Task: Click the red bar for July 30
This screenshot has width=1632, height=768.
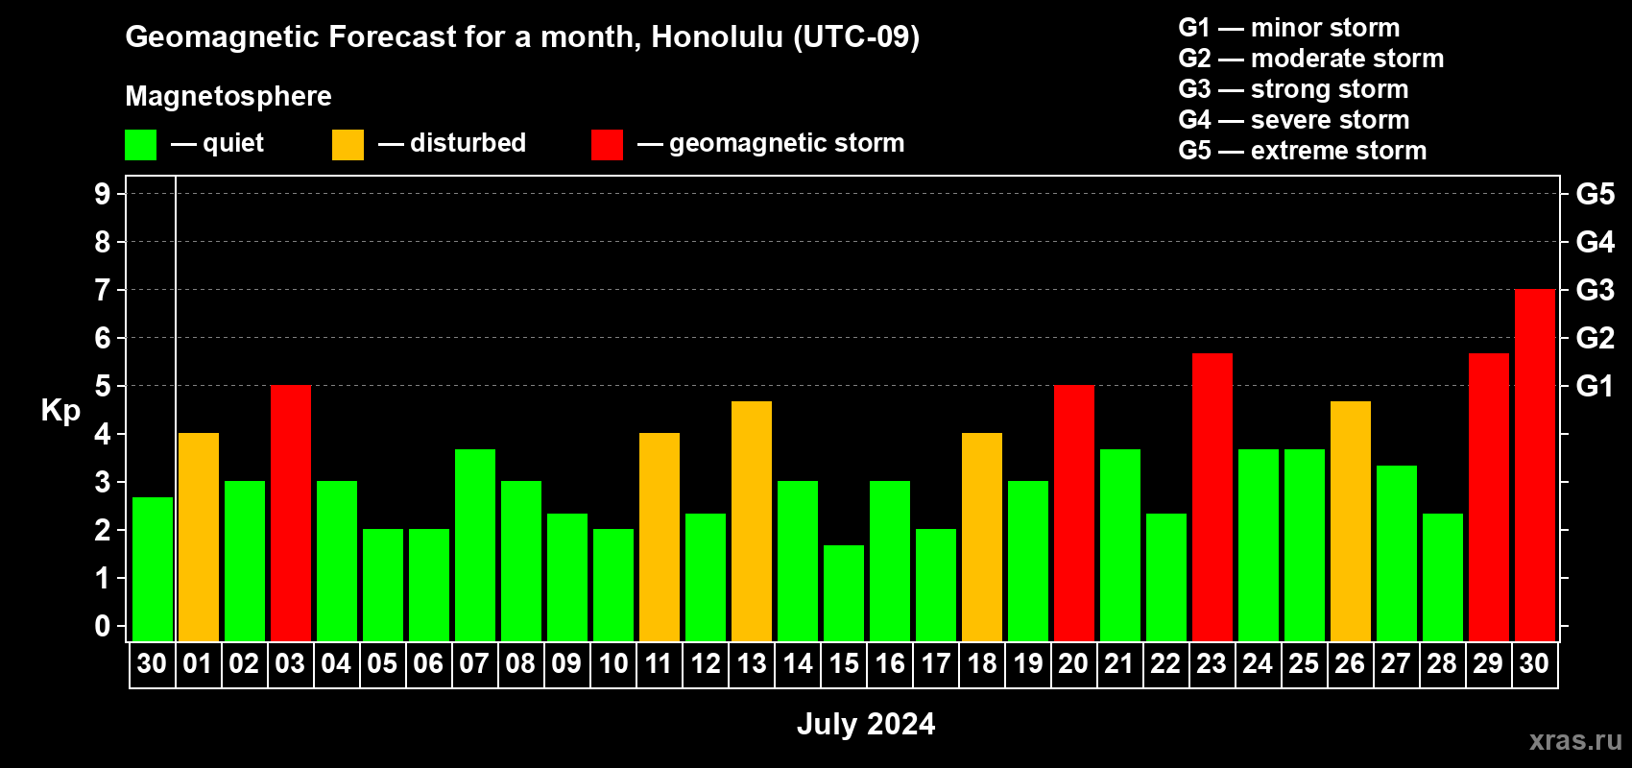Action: tap(1534, 465)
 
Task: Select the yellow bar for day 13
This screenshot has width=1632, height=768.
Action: tap(751, 521)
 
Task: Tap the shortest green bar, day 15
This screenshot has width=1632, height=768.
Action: tap(844, 593)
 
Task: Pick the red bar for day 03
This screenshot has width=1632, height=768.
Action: tap(291, 513)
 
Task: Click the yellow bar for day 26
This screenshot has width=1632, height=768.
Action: tap(1350, 521)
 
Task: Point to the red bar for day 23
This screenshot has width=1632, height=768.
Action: tap(1212, 497)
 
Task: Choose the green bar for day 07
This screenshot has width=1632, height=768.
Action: tap(475, 545)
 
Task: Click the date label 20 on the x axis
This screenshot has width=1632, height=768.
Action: tap(1073, 663)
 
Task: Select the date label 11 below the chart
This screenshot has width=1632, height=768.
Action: tap(659, 663)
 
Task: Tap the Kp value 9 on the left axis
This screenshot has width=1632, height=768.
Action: tap(102, 194)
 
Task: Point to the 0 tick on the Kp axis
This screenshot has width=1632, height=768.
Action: tap(102, 626)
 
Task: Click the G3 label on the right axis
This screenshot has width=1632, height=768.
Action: tap(1595, 290)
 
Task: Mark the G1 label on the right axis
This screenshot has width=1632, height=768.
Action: tap(1595, 386)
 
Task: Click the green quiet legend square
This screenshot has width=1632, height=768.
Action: tap(140, 145)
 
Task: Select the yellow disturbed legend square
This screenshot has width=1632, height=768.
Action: tap(348, 145)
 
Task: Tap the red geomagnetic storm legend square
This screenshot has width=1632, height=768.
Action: tap(607, 145)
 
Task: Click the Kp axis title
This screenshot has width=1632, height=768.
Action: tap(60, 411)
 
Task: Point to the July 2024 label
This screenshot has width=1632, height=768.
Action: tap(866, 724)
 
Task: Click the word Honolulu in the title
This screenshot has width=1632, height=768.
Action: tap(717, 36)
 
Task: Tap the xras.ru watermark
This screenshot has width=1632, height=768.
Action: tap(1575, 740)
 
